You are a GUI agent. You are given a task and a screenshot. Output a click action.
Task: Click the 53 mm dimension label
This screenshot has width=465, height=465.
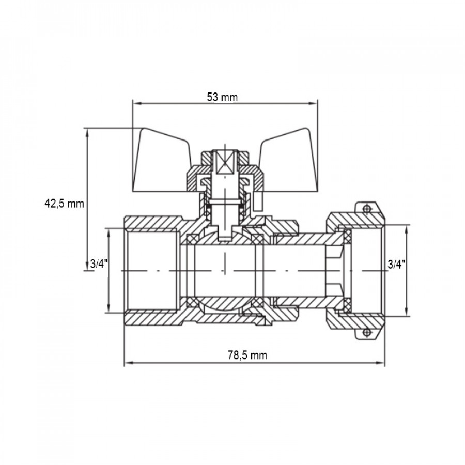pyautogui.click(x=222, y=97)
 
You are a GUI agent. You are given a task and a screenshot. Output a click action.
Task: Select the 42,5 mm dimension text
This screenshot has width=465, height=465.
pyautogui.click(x=65, y=204)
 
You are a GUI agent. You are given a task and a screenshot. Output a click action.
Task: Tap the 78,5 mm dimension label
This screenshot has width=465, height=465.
pyautogui.click(x=247, y=355)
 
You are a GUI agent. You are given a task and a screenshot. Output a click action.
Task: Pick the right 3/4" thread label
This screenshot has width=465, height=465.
pyautogui.click(x=396, y=264)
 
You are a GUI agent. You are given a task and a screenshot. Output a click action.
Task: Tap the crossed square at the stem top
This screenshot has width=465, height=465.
pyautogui.click(x=225, y=163)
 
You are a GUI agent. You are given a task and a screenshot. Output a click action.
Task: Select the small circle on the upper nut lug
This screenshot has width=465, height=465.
pyautogui.click(x=367, y=209)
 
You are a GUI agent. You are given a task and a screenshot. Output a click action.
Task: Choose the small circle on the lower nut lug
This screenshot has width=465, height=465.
pyautogui.click(x=367, y=332)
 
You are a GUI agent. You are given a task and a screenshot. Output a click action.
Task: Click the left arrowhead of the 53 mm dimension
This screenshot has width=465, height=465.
pyautogui.click(x=136, y=103)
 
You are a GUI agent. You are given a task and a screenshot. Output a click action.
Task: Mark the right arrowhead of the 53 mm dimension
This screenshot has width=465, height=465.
pyautogui.click(x=313, y=103)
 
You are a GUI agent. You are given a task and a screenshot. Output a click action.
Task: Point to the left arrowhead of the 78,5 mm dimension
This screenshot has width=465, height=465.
pyautogui.click(x=129, y=362)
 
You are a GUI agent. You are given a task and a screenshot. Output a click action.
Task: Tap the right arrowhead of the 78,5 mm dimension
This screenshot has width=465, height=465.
pyautogui.click(x=380, y=362)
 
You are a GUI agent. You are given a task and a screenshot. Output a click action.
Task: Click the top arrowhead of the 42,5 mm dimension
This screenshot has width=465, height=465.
pyautogui.click(x=87, y=133)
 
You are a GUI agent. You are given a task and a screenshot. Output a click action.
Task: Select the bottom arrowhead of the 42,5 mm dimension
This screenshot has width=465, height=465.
pyautogui.click(x=87, y=266)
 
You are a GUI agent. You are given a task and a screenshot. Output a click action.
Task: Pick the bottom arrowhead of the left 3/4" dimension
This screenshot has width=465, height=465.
pyautogui.click(x=109, y=308)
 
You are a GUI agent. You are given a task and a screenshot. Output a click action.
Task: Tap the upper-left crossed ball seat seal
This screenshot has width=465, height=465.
pyautogui.click(x=191, y=239)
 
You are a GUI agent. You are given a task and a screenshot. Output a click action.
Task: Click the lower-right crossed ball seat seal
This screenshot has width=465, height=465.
pyautogui.click(x=258, y=303)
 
